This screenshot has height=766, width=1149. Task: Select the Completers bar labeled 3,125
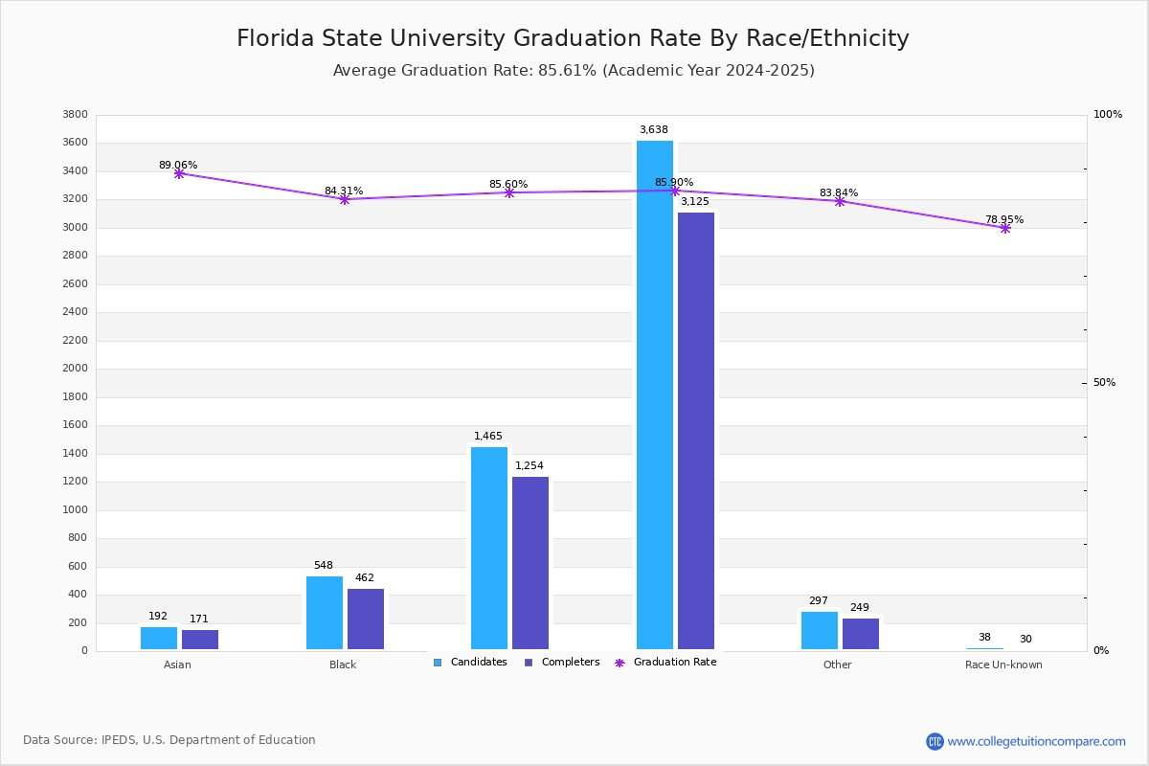(696, 431)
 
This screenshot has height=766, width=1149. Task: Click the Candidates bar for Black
(325, 613)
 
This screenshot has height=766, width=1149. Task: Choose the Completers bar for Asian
(200, 640)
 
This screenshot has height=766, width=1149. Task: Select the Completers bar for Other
(861, 634)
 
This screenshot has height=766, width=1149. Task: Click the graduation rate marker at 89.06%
(179, 173)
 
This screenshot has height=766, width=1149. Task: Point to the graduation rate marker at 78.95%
(1005, 228)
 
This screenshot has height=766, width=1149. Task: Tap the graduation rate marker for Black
(345, 199)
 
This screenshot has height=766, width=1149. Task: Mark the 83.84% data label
(839, 192)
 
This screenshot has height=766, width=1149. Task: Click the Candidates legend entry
(470, 663)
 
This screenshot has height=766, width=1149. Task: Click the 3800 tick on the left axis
(75, 115)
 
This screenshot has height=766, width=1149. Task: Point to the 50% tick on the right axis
(1104, 383)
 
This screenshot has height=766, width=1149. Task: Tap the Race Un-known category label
(1003, 665)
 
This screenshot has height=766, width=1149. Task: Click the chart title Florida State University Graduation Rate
(573, 38)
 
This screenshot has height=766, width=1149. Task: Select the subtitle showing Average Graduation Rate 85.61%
(574, 71)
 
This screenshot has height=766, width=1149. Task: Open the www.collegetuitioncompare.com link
(1036, 741)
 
